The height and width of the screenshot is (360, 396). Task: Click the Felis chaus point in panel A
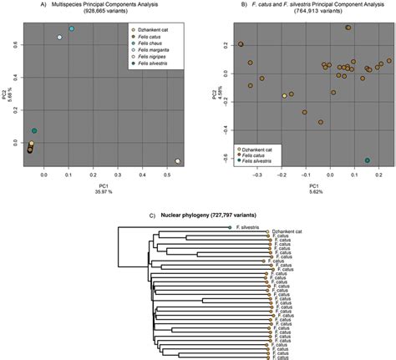coord(72,29)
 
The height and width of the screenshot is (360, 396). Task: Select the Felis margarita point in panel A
coord(59,38)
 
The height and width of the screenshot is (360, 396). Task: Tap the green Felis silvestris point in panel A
coord(34,131)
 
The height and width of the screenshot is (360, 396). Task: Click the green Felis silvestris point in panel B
coord(368,160)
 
